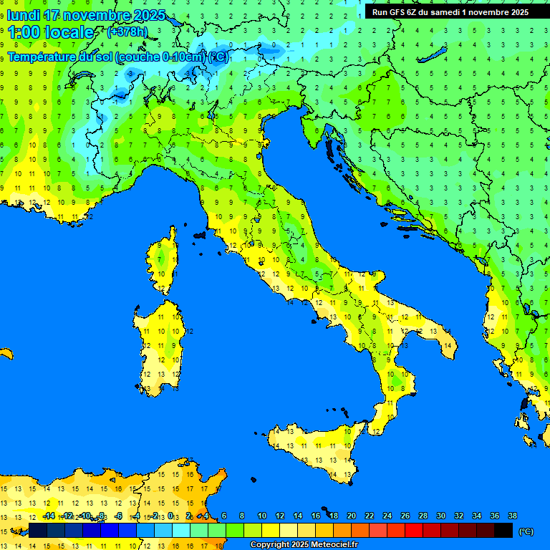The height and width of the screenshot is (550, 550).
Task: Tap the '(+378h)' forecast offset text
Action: tap(127, 32)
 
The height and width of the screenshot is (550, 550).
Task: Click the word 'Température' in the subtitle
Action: tap(42, 57)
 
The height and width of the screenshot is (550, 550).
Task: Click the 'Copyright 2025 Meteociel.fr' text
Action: tap(304, 545)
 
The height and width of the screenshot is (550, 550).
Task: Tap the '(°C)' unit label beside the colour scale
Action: tap(526, 531)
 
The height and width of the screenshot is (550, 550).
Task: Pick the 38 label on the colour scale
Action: tap(512, 516)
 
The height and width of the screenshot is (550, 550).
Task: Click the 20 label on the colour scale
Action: tap(351, 516)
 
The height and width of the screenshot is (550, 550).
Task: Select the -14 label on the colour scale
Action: tap(49, 516)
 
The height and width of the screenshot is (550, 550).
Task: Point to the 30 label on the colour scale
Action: tap(440, 516)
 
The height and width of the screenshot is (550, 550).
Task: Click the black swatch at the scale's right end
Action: tap(503, 531)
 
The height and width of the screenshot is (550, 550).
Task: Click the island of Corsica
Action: tap(165, 261)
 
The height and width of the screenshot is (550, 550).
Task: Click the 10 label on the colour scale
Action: tap(262, 516)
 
